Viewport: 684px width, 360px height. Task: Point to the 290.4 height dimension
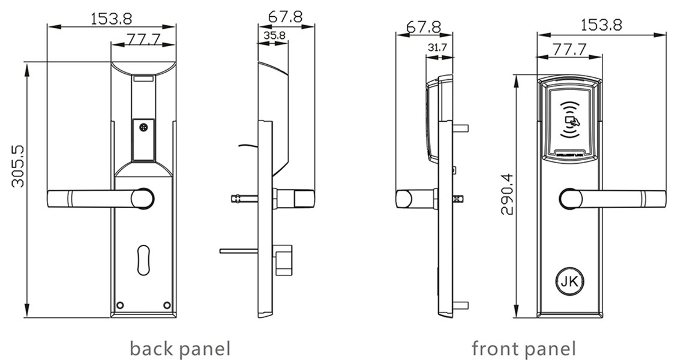pos(507,194)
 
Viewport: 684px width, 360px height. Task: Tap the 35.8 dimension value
pos(274,35)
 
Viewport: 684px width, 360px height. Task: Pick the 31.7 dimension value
pos(439,47)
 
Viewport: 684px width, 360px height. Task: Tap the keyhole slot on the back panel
pos(143,260)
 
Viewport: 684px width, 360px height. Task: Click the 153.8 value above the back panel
pos(112,18)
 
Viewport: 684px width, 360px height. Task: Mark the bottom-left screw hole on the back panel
pos(120,305)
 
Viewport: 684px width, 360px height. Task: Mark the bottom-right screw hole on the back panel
pos(167,305)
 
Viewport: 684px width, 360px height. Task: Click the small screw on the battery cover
pos(143,127)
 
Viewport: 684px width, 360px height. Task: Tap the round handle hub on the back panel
pos(143,199)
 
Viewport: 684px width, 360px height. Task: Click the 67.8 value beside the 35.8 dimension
pos(286,17)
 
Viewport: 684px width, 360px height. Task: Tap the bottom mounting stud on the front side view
pos(461,305)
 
